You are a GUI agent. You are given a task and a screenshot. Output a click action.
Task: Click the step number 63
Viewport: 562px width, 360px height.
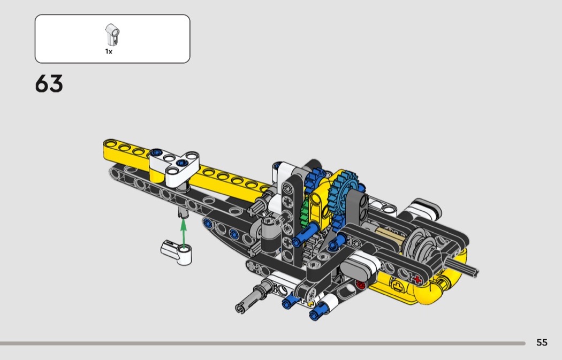(49, 84)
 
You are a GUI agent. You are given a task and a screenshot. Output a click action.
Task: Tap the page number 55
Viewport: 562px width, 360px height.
(542, 342)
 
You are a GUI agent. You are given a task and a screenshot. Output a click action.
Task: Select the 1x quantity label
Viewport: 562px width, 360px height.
(109, 51)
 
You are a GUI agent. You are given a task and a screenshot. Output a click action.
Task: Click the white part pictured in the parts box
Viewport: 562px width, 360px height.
(112, 35)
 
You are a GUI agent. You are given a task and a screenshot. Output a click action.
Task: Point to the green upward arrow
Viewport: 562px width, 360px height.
(184, 234)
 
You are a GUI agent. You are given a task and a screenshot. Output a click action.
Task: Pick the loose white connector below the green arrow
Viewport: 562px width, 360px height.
(176, 252)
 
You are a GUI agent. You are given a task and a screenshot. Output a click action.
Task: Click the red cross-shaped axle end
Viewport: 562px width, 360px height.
(417, 279)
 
